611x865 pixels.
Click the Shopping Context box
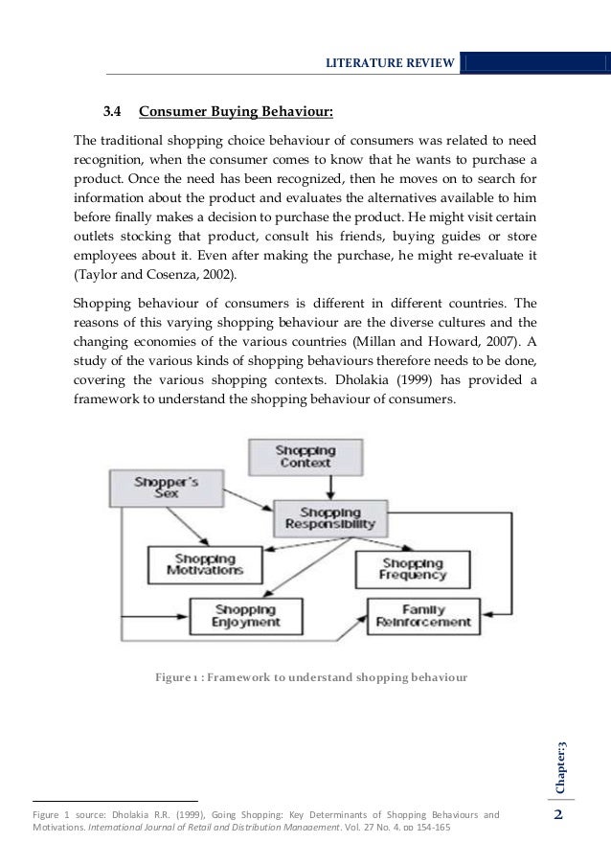(x=305, y=456)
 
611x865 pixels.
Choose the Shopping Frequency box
(x=413, y=569)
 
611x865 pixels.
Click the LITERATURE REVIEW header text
(x=390, y=63)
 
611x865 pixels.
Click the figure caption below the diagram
(x=311, y=679)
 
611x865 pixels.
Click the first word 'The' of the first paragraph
(x=87, y=139)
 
